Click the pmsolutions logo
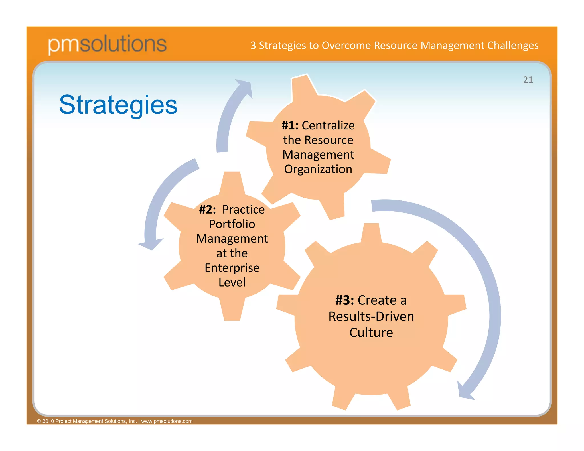(x=107, y=44)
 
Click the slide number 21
(x=528, y=80)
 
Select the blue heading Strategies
(x=118, y=105)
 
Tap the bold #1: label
(x=290, y=125)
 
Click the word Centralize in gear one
(x=328, y=125)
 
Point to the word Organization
(x=318, y=169)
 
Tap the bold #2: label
(x=207, y=210)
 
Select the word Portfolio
(x=232, y=224)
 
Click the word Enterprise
(x=232, y=268)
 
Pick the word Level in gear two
(x=232, y=282)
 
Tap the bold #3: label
(x=344, y=300)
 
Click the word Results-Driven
(x=371, y=316)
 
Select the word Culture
(x=371, y=333)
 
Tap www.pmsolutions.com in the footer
(x=167, y=421)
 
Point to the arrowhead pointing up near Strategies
(x=244, y=87)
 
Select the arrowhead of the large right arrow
(x=465, y=392)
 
